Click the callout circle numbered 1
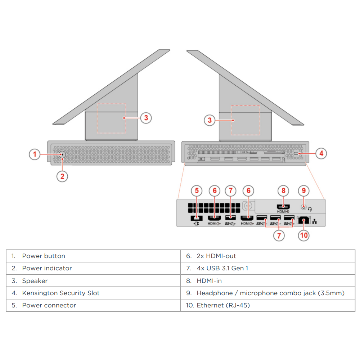(x=35, y=154)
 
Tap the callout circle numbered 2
(x=62, y=176)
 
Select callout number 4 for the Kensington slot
(x=321, y=153)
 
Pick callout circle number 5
(x=197, y=190)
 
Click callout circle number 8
(x=283, y=190)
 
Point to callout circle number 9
(x=303, y=190)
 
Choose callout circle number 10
(x=304, y=235)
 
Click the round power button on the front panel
(x=62, y=154)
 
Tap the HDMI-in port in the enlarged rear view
(x=283, y=207)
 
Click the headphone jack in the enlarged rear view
(x=304, y=207)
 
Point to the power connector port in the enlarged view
(x=196, y=218)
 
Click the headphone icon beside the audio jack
(x=310, y=209)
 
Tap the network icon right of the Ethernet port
(x=315, y=221)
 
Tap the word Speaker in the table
(x=35, y=281)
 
